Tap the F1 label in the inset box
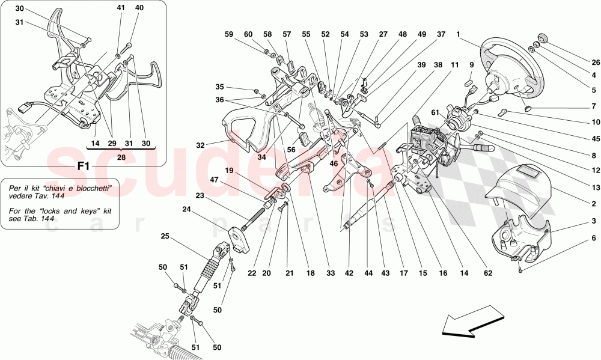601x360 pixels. tap(84, 166)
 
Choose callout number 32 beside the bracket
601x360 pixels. tap(200, 144)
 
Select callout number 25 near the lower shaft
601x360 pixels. tap(165, 237)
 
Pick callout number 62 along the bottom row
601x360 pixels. tap(487, 273)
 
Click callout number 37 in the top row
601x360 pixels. tap(442, 35)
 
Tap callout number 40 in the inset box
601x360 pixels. tap(139, 8)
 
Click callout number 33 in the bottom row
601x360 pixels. tap(330, 273)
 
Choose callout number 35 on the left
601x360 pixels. tap(219, 87)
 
